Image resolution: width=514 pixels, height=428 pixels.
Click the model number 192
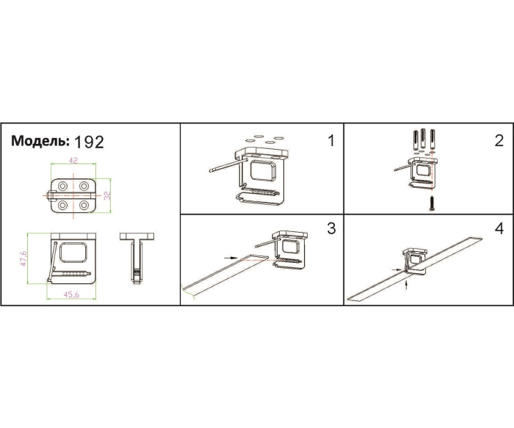[x=89, y=142]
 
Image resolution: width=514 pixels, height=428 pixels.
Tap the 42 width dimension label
[x=73, y=160]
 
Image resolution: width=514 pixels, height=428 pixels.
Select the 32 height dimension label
[x=107, y=195]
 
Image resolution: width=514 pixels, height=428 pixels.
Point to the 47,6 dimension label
[x=23, y=258]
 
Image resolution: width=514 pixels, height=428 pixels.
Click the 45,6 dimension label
[x=71, y=294]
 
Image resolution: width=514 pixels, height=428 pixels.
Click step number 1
[x=331, y=141]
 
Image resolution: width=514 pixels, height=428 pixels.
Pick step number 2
[x=499, y=141]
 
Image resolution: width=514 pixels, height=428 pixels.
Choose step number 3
[x=331, y=228]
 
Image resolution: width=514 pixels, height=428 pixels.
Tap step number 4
[x=499, y=229]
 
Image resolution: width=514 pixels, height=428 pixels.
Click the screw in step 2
[x=432, y=203]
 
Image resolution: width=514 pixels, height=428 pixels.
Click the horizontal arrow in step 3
[x=231, y=258]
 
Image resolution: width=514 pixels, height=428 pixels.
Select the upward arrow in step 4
[x=407, y=284]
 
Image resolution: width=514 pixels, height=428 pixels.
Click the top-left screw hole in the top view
[x=62, y=186]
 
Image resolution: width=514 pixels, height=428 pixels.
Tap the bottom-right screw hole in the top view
[x=84, y=206]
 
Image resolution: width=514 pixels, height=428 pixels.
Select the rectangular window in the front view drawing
[x=73, y=253]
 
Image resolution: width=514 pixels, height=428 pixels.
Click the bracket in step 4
[x=415, y=261]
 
